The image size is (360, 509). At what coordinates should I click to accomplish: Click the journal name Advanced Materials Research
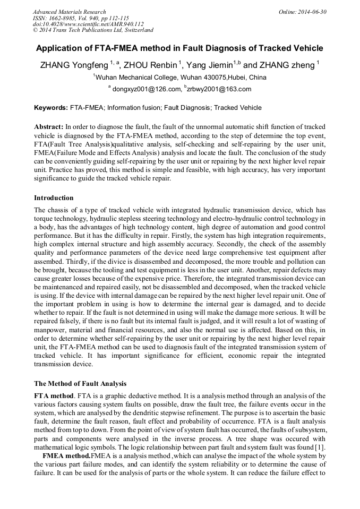pos(70,12)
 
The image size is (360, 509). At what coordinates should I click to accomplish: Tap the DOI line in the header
pos(88,24)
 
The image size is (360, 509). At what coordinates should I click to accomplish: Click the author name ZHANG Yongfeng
pos(74,65)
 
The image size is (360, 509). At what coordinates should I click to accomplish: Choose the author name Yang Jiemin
pos(211,65)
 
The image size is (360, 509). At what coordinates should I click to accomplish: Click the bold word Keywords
pos(50,108)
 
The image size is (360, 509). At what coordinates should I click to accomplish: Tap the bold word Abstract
pos(48,127)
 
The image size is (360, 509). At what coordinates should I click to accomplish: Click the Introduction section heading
pos(54,198)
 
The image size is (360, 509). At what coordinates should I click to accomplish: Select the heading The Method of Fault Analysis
pos(80,383)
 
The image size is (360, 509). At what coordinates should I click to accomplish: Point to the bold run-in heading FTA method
pos(54,395)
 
